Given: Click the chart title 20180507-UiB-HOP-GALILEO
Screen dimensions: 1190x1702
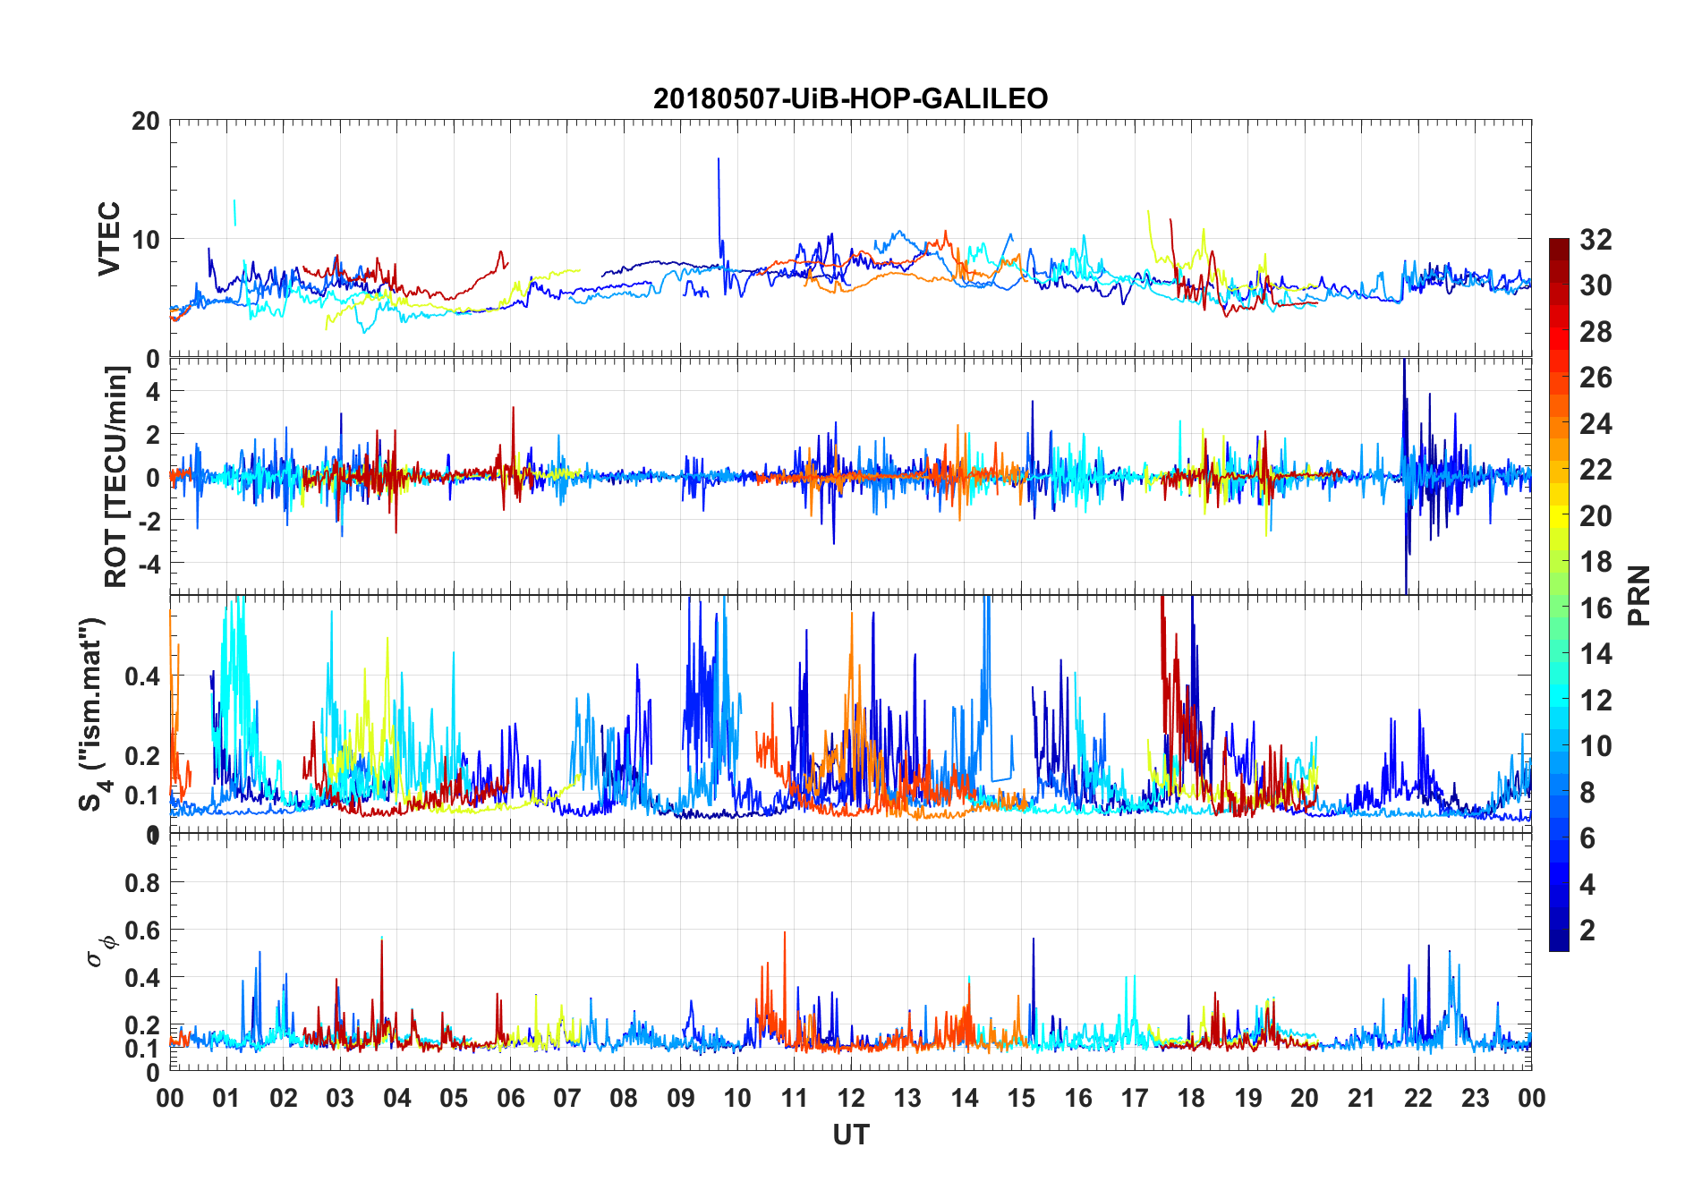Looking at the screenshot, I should tap(850, 98).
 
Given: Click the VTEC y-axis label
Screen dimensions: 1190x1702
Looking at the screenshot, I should tap(108, 239).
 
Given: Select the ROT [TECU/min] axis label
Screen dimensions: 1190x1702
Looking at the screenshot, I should tap(116, 476).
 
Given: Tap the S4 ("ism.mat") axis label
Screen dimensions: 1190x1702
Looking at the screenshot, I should tap(93, 714).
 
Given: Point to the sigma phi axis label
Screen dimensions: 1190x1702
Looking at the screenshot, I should tap(98, 950).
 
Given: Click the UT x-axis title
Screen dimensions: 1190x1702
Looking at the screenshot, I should tap(850, 1135).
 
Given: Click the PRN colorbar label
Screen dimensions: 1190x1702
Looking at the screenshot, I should tap(1638, 595).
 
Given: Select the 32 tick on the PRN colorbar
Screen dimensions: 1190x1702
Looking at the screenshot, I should tap(1596, 240).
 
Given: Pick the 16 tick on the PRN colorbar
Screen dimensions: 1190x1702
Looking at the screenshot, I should tap(1596, 608).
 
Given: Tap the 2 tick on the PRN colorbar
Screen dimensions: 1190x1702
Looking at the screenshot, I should tap(1587, 931).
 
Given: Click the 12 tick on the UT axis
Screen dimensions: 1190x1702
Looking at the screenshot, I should tap(851, 1098).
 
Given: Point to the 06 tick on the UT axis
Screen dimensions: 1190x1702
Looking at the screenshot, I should tap(511, 1098).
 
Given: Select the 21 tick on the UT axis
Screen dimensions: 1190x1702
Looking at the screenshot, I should tap(1361, 1098).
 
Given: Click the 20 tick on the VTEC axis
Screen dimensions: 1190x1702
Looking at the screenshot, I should tap(146, 121).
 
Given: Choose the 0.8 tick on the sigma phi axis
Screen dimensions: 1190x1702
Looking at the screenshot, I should tap(142, 883).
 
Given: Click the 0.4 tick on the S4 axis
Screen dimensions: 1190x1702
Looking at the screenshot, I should tap(142, 676).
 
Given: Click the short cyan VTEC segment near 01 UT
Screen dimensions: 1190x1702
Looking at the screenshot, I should tap(234, 212).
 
